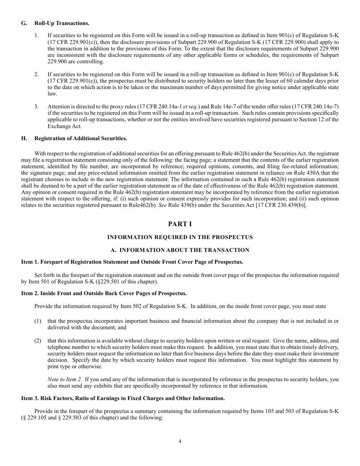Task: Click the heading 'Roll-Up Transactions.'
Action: coord(62,23)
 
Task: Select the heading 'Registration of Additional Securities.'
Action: coord(81,138)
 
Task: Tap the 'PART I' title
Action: coord(180,224)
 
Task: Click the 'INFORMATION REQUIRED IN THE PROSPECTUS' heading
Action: coord(180,237)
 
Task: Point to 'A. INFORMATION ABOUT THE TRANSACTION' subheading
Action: coord(180,250)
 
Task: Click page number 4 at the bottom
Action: coord(180,441)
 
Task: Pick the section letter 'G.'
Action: coord(24,23)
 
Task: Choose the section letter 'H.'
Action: coord(24,138)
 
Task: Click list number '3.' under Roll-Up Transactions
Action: coord(37,106)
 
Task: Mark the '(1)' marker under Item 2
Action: coord(38,321)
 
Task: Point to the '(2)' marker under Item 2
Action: coord(38,341)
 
